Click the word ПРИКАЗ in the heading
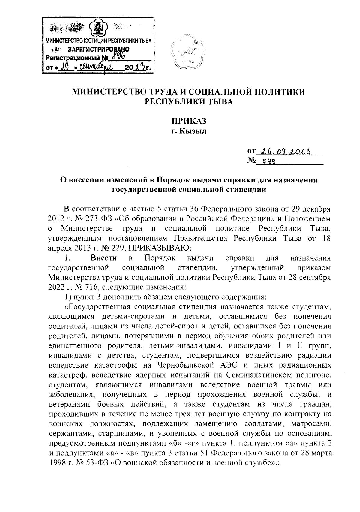click(x=189, y=121)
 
